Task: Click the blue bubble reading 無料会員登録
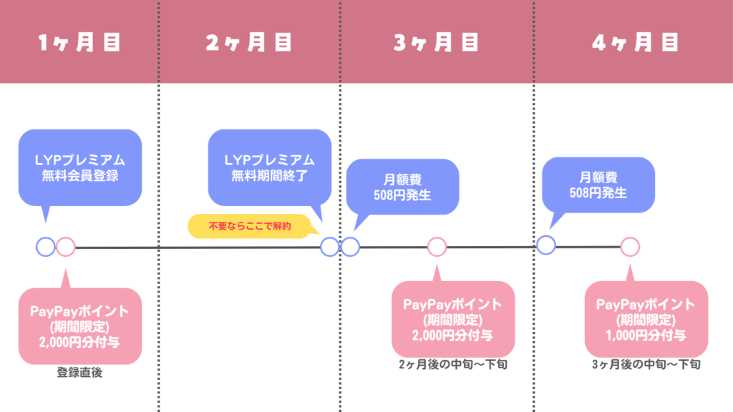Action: (x=79, y=167)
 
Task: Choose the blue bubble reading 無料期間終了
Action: (x=269, y=167)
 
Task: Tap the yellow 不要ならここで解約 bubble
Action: (x=251, y=226)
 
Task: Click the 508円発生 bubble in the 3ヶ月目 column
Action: (x=402, y=186)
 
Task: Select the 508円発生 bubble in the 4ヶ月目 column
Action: (x=598, y=185)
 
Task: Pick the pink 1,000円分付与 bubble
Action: (x=646, y=319)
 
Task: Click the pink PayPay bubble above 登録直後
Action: (x=79, y=326)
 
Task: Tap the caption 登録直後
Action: (x=79, y=373)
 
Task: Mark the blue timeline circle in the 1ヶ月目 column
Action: (x=45, y=247)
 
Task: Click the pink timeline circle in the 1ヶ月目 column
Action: (x=65, y=247)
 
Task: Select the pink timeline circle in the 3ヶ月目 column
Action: (x=437, y=247)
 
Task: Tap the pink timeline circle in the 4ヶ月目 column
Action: (x=629, y=247)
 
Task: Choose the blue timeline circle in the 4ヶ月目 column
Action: (x=545, y=245)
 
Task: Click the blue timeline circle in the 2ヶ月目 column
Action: (x=329, y=247)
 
